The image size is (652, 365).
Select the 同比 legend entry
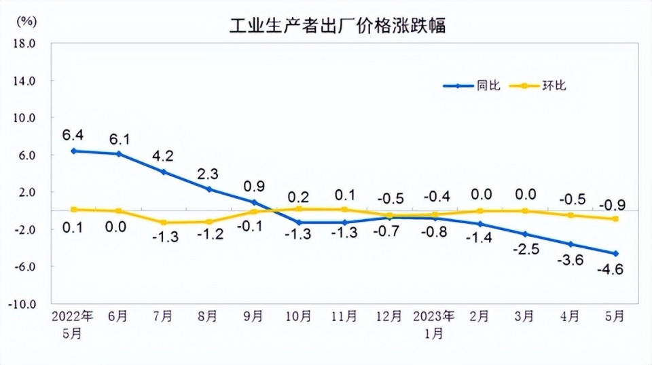[x=471, y=85]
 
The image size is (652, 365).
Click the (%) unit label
[x=26, y=20]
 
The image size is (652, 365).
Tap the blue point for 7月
[x=164, y=172]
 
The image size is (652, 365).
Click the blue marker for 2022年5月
[x=73, y=151]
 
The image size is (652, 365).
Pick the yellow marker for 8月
[x=209, y=222]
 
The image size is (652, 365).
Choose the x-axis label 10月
[x=299, y=317]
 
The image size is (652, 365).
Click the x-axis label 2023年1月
[x=435, y=324]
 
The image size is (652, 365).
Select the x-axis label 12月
[x=389, y=317]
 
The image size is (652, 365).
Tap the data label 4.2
[x=164, y=155]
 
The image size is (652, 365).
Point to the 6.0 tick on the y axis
[x=26, y=155]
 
